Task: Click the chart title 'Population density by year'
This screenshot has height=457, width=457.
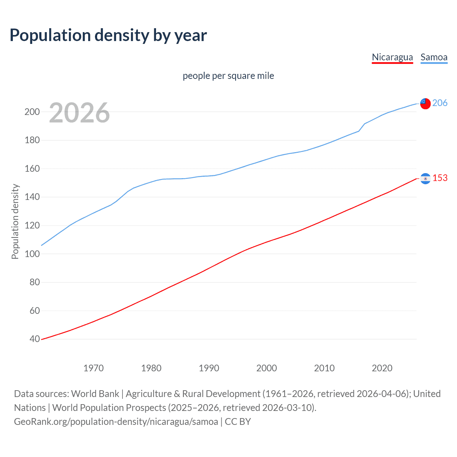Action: point(108,35)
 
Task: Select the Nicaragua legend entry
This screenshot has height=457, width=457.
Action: point(392,57)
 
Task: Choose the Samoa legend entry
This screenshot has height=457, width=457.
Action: point(434,57)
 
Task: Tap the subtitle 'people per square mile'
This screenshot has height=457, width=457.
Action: point(228,76)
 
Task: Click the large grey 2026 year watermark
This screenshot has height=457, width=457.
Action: point(79,113)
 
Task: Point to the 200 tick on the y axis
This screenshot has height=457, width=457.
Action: point(32,112)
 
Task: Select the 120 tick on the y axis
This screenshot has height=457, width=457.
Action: point(32,225)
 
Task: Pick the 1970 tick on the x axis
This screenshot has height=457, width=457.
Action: point(94,368)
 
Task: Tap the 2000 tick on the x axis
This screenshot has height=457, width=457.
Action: point(267,368)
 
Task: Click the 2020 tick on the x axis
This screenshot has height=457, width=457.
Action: point(382,368)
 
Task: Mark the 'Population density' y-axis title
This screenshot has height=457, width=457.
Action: point(15,221)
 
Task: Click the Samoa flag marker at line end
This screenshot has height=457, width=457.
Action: point(425,104)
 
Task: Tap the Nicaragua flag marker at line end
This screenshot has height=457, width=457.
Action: point(425,179)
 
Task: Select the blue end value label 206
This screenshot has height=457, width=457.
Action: point(440,103)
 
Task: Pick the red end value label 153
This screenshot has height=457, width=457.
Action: point(440,178)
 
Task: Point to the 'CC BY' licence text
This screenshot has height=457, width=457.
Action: point(238,421)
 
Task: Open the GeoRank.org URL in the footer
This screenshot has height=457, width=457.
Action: point(116,421)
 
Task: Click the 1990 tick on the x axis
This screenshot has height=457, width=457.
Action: point(209,368)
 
